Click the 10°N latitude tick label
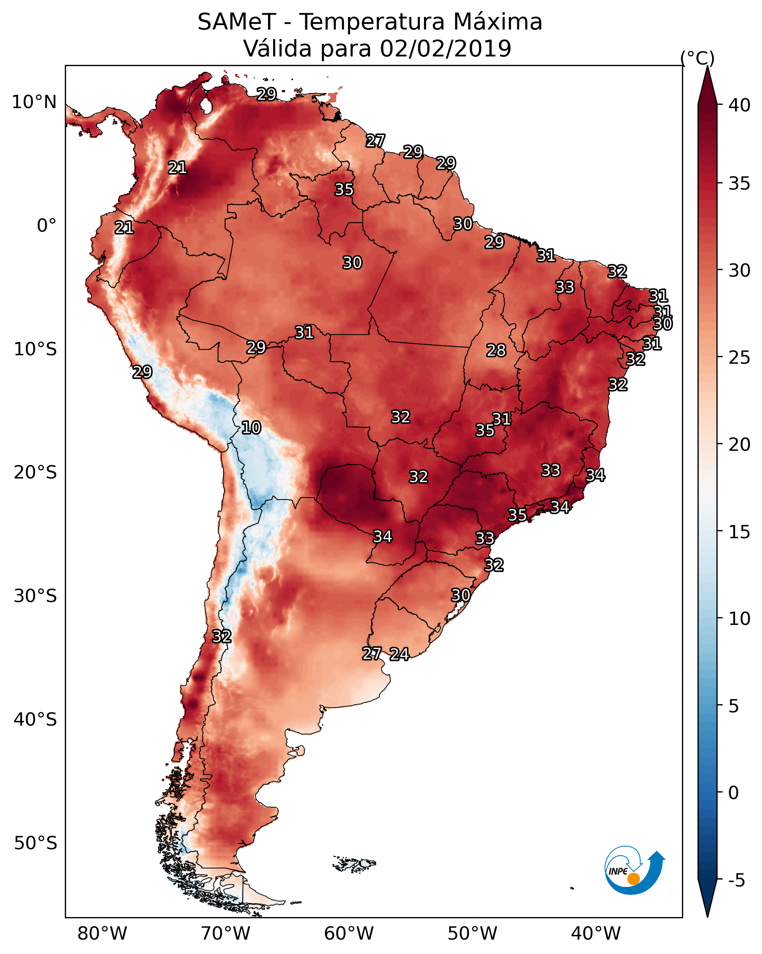pyautogui.click(x=34, y=102)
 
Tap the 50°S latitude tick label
pyautogui.click(x=35, y=843)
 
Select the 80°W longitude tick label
pyautogui.click(x=102, y=934)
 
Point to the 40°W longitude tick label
pyautogui.click(x=596, y=934)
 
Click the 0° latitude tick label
pyautogui.click(x=46, y=226)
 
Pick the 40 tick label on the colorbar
pyautogui.click(x=740, y=105)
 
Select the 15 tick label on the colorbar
pyautogui.click(x=740, y=532)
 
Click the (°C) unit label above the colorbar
pyautogui.click(x=697, y=58)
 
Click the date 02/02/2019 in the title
pyautogui.click(x=445, y=49)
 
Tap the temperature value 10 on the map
pyautogui.click(x=251, y=428)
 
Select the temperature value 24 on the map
pyautogui.click(x=399, y=654)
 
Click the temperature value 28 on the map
pyautogui.click(x=496, y=350)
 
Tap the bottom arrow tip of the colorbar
pyautogui.click(x=707, y=916)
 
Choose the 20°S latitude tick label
pyautogui.click(x=35, y=473)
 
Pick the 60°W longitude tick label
pyautogui.click(x=349, y=934)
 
